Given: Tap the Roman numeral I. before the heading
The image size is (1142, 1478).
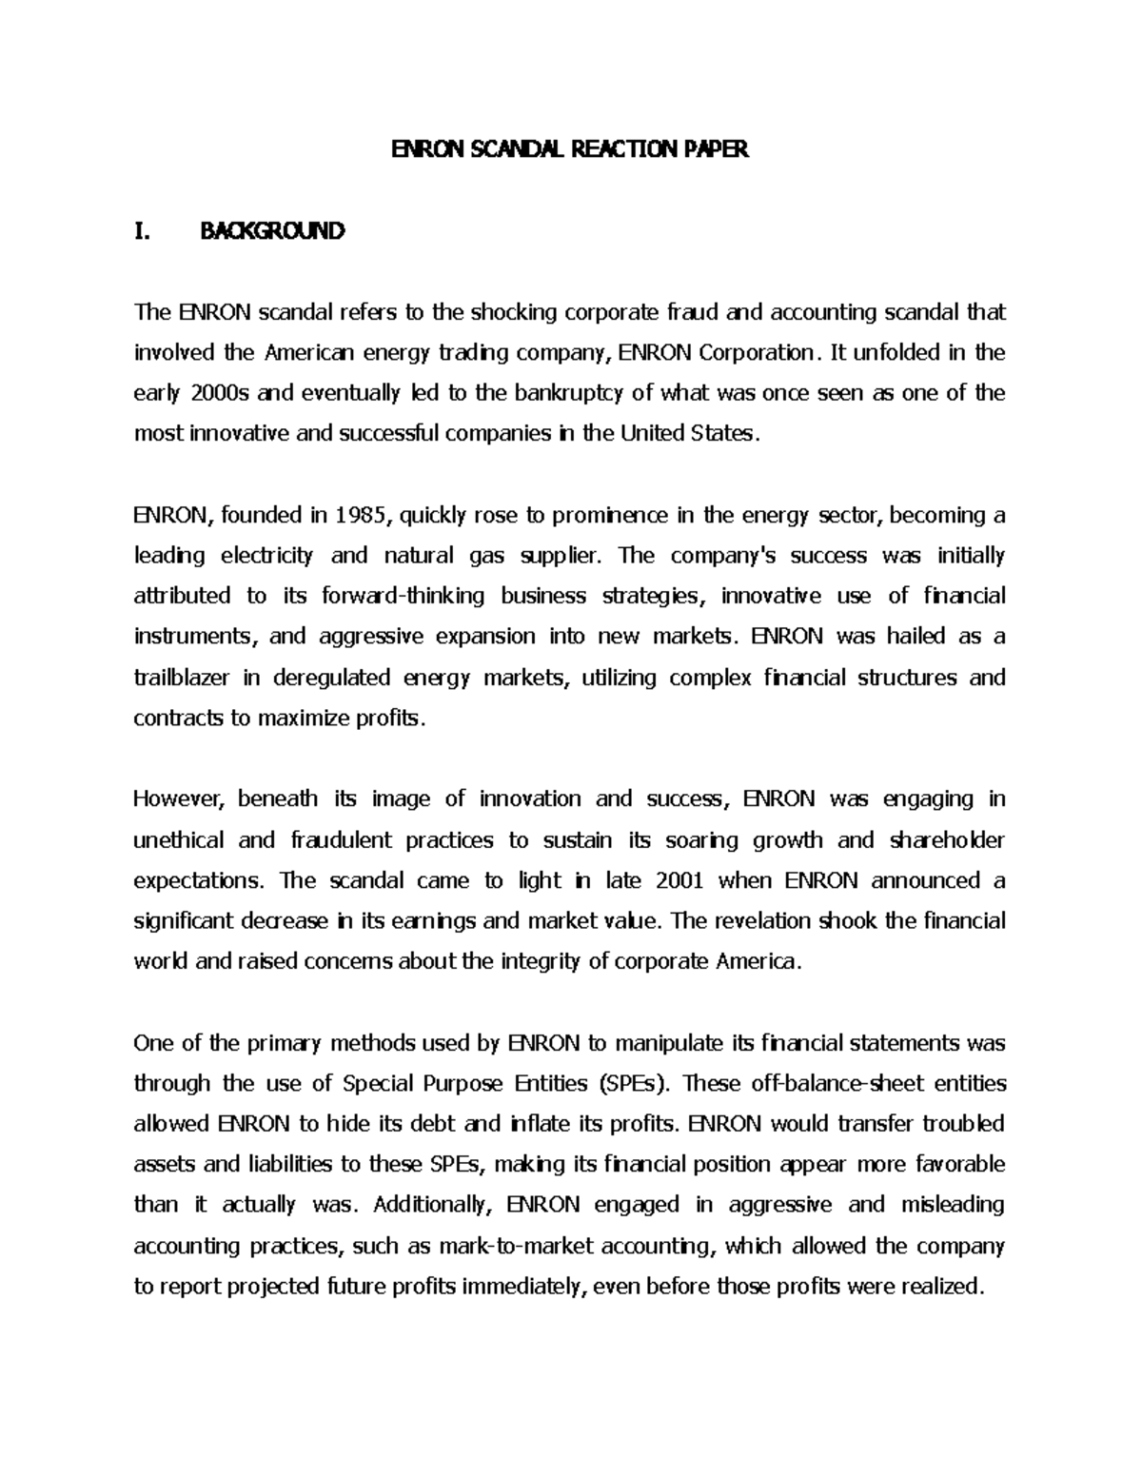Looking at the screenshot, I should pyautogui.click(x=143, y=231).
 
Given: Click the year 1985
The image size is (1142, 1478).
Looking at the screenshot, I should pyautogui.click(x=362, y=515).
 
